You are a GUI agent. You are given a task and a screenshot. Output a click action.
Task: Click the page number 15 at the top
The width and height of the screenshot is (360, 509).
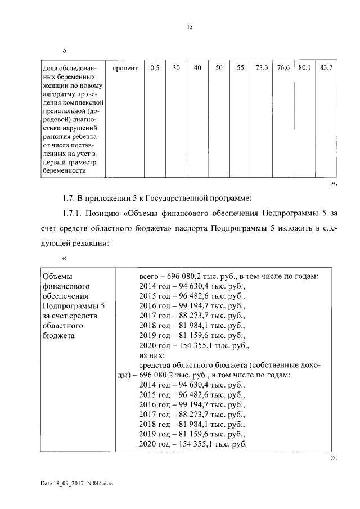pyautogui.click(x=190, y=26)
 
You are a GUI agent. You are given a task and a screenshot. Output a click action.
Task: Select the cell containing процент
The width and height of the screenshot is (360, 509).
pyautogui.click(x=124, y=68)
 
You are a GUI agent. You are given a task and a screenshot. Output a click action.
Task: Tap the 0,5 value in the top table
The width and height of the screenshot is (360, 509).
pyautogui.click(x=155, y=68)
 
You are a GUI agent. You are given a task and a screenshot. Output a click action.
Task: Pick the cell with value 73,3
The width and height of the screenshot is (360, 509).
pyautogui.click(x=262, y=68)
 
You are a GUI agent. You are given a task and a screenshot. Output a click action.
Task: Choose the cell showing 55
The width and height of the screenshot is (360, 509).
pyautogui.click(x=240, y=68)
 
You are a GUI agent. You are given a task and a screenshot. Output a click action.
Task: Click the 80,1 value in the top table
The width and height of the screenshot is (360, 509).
pyautogui.click(x=304, y=68)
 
